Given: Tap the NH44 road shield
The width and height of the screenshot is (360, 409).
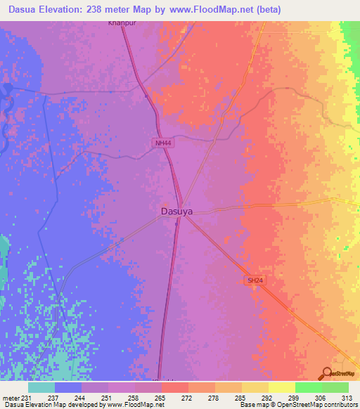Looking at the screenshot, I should click(x=162, y=143).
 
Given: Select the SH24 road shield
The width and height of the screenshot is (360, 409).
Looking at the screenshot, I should click(x=254, y=280).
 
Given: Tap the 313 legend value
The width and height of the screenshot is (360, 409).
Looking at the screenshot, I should click(x=348, y=397).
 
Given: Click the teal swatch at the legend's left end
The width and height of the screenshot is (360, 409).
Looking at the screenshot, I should click(x=41, y=387).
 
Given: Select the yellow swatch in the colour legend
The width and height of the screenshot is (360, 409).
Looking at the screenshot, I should click(x=281, y=387).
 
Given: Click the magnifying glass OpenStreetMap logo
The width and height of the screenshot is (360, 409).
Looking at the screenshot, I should click(x=326, y=372).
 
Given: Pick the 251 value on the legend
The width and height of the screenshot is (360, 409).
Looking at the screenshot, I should click(x=107, y=397).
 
